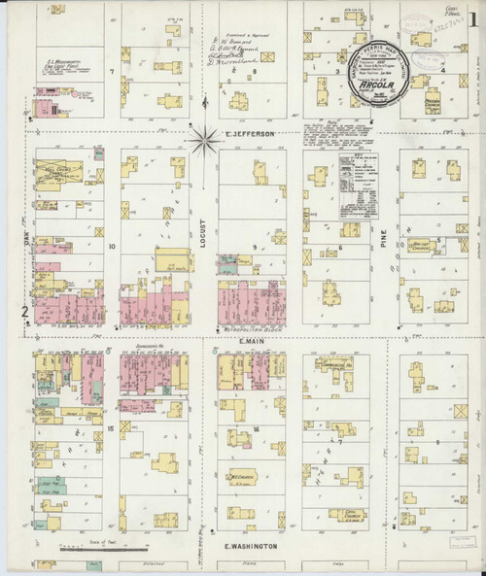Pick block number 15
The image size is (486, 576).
coord(112,427)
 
